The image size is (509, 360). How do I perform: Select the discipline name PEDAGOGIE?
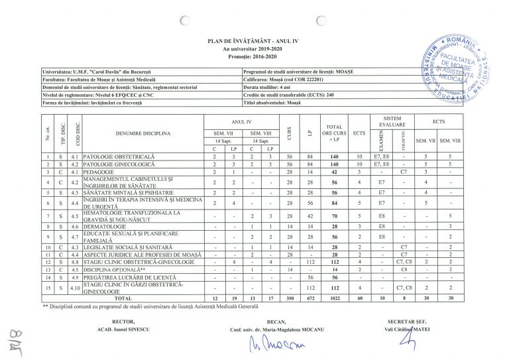coord(98,172)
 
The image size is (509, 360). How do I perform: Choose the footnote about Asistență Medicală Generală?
coord(151,306)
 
